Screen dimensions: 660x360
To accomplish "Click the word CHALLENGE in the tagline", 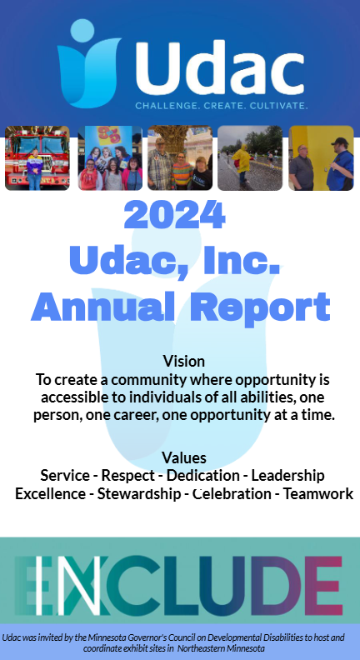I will coord(167,107).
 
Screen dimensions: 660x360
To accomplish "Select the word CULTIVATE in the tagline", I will coord(276,107).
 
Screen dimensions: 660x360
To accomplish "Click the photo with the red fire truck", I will coord(37,158).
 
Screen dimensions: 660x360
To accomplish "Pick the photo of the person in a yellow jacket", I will coord(250,158).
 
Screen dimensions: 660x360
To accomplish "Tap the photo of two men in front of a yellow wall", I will coord(321,158).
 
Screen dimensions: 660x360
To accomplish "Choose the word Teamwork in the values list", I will coord(318,493).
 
